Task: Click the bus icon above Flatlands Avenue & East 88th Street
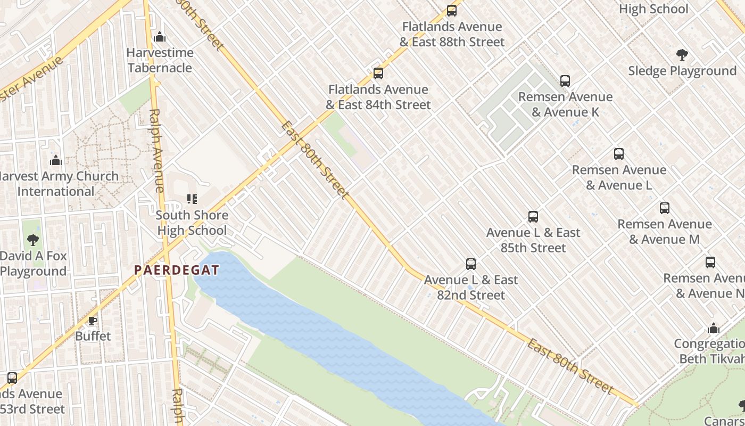(451, 10)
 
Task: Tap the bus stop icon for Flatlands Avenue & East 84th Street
(378, 73)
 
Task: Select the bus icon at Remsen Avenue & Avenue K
(565, 81)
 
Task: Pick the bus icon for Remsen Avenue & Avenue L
(618, 154)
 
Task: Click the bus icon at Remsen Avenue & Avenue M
(664, 208)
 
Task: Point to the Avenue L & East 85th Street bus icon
(533, 217)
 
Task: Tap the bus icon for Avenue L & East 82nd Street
(470, 264)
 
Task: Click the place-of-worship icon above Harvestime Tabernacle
(159, 37)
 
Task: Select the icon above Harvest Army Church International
(56, 160)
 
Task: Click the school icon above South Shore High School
(192, 199)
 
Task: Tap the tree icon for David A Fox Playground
(33, 240)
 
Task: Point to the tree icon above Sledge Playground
(682, 55)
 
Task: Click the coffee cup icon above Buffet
(93, 321)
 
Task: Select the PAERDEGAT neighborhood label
(176, 270)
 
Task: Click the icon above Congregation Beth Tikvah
(713, 328)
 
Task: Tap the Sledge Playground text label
(682, 71)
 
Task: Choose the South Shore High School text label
(192, 223)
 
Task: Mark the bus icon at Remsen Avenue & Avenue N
(710, 263)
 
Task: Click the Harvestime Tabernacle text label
(160, 60)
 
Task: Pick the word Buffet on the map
(93, 336)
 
